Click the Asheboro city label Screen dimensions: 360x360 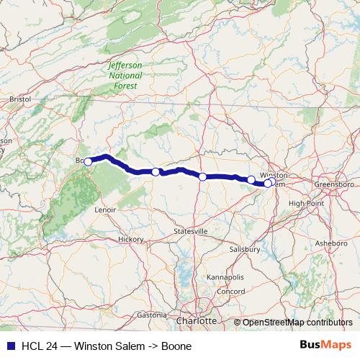[x=330, y=243]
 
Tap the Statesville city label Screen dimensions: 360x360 [x=191, y=231]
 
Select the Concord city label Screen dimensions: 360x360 [x=232, y=291]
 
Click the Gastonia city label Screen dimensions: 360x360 [x=151, y=315]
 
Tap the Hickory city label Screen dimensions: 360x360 [x=132, y=238]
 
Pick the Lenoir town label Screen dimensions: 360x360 [x=105, y=210]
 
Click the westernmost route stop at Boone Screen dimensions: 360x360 [x=88, y=162]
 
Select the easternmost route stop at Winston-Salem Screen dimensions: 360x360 [x=268, y=183]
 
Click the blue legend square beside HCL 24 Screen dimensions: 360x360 [x=6, y=346]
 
